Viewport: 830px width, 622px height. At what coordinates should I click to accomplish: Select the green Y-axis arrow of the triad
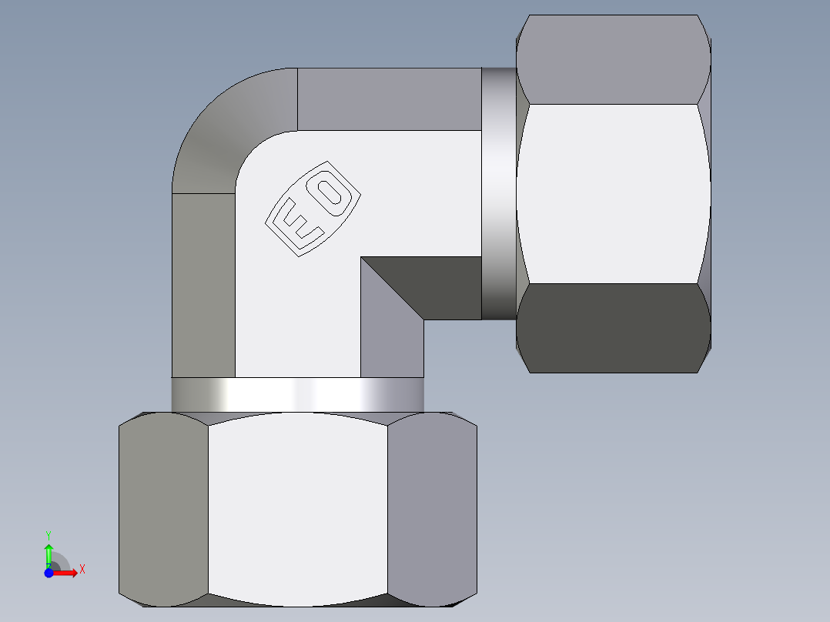click(x=49, y=554)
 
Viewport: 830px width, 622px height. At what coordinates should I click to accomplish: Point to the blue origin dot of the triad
click(x=49, y=572)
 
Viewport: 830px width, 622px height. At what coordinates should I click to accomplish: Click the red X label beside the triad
click(x=82, y=570)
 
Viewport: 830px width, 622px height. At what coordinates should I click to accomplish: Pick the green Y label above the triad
click(x=48, y=534)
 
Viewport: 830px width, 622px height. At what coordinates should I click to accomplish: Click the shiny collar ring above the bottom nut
click(x=297, y=395)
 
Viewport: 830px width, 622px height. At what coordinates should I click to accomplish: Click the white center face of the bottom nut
click(x=297, y=508)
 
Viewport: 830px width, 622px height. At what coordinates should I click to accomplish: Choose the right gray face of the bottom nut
click(x=431, y=508)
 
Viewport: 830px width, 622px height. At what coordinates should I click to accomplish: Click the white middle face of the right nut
click(x=613, y=192)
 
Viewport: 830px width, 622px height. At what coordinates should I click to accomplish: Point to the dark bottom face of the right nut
click(x=613, y=327)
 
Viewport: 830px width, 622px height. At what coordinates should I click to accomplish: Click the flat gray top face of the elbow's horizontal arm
click(x=389, y=99)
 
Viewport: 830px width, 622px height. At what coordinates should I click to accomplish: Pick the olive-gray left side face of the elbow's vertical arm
click(x=203, y=285)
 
